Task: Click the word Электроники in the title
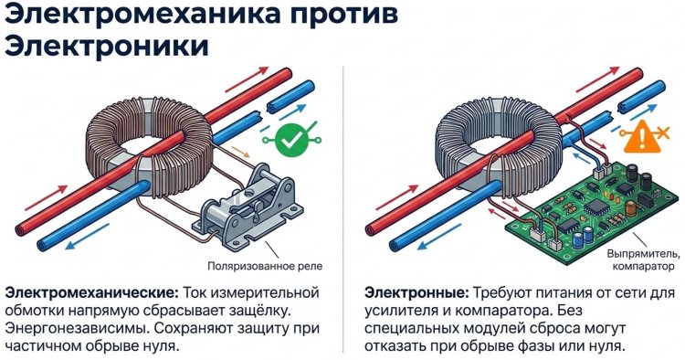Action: [x=106, y=46]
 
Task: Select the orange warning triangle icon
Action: [x=638, y=137]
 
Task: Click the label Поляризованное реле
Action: [x=265, y=266]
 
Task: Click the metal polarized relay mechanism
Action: [x=248, y=206]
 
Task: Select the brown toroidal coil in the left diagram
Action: [x=149, y=144]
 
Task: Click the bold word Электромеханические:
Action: [x=91, y=292]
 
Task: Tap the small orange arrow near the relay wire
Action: [x=240, y=151]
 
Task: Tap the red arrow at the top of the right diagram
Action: [x=598, y=80]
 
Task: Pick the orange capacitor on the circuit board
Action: [x=630, y=208]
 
